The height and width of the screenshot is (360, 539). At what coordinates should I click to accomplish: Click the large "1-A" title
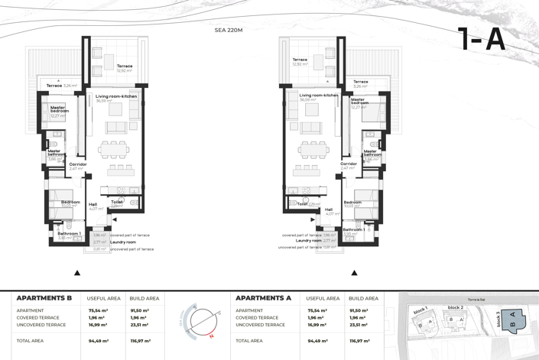pos(482,40)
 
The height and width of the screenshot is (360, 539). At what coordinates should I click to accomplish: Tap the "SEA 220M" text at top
pos(229,30)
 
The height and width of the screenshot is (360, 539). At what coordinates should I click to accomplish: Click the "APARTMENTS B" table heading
pos(44,298)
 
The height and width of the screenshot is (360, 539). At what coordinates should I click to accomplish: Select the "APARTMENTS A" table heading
pos(263,298)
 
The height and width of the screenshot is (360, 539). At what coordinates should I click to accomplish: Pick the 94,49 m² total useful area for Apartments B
pos(99,341)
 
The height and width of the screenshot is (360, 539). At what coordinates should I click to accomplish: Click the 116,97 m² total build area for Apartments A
pos(359,341)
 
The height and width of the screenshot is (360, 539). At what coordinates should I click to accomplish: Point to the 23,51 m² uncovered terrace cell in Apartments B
pos(140,325)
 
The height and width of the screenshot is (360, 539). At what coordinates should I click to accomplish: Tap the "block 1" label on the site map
pos(420,311)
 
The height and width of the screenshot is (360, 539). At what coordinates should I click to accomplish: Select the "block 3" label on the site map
pos(499,319)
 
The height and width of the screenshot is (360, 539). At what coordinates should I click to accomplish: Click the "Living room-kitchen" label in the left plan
pos(116,96)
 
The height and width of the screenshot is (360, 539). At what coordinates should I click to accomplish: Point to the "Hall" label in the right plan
pos(329,209)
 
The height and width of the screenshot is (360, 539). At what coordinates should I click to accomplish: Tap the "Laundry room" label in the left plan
pos(122,242)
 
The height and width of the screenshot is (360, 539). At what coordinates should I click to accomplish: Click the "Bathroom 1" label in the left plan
pos(69,233)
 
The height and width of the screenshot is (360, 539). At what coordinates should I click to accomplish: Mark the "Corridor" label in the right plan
pos(349,164)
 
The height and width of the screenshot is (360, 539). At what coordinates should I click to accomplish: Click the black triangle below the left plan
pos(77,273)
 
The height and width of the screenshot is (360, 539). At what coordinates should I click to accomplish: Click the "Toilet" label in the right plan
pos(302,204)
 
